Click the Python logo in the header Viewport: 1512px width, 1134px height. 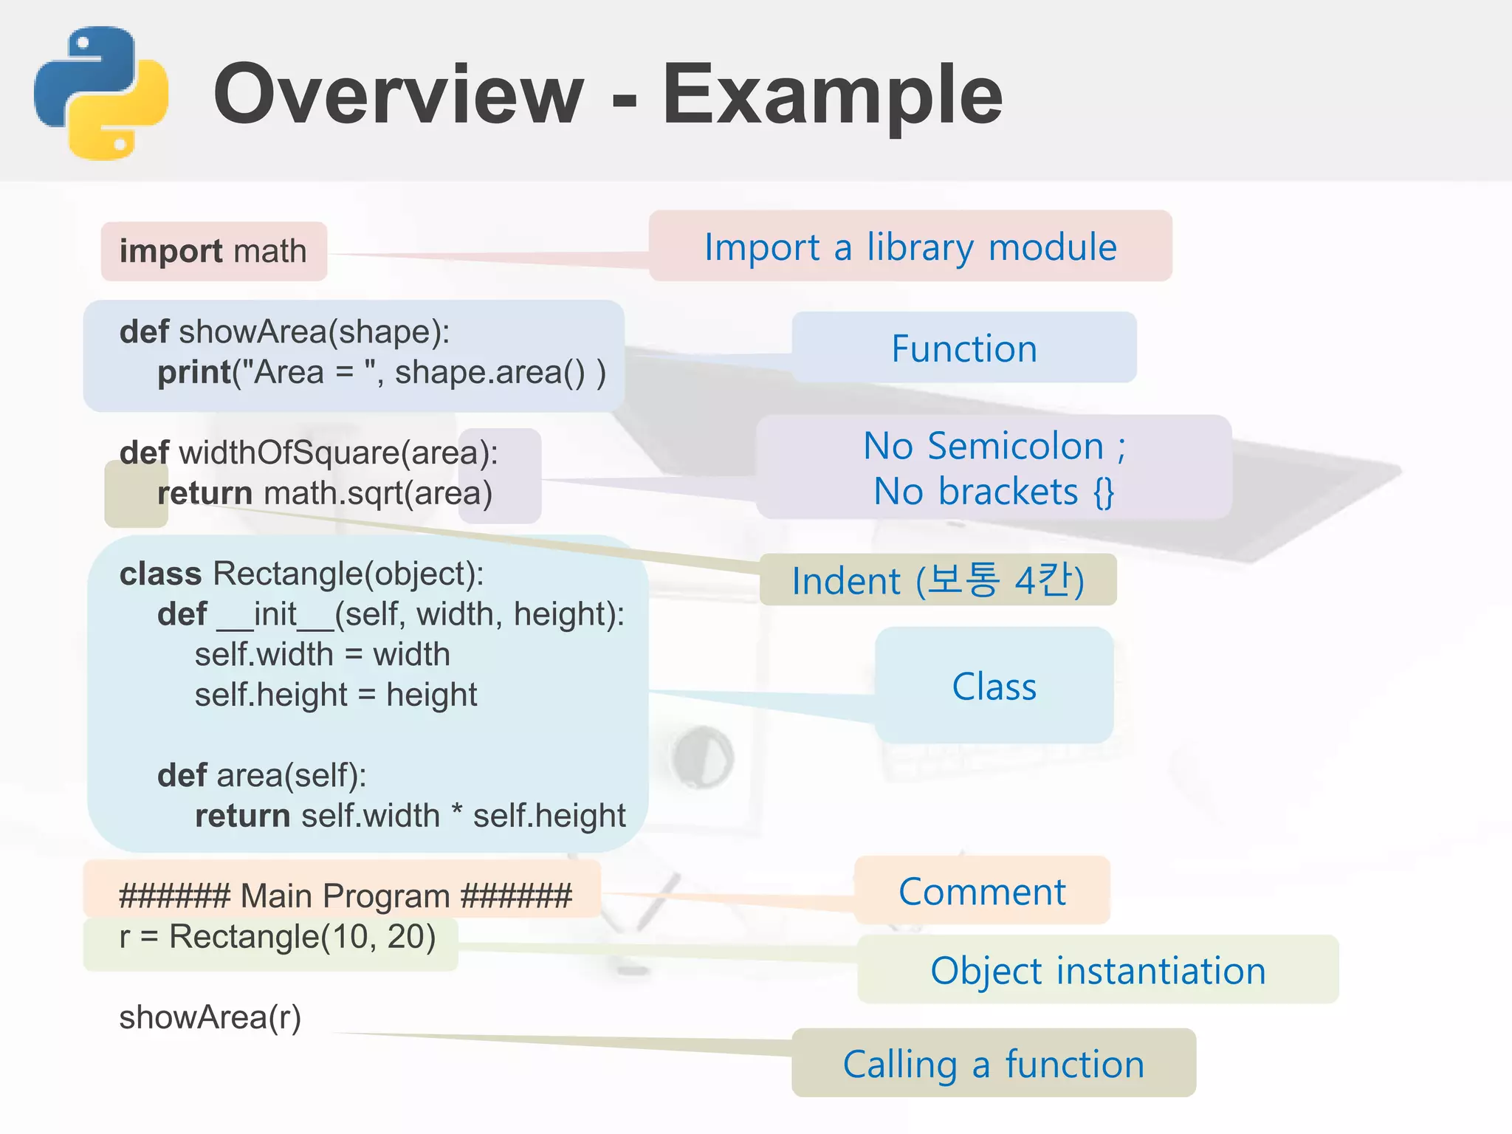pyautogui.click(x=101, y=94)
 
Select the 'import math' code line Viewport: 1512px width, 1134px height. pyautogui.click(x=213, y=251)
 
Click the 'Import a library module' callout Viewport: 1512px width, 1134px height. pyautogui.click(x=910, y=247)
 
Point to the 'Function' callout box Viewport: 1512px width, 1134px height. pyautogui.click(x=963, y=348)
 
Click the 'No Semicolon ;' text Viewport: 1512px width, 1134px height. pyautogui.click(x=994, y=446)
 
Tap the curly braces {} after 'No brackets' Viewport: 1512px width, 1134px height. pyautogui.click(x=1104, y=492)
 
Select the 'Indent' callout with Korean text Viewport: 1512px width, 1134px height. pyautogui.click(x=938, y=580)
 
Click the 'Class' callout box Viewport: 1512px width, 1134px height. pyautogui.click(x=994, y=686)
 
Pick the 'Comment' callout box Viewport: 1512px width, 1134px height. pyautogui.click(x=982, y=891)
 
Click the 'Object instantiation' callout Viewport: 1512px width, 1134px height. pyautogui.click(x=1098, y=970)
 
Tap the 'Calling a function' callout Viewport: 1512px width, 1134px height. pyautogui.click(x=993, y=1064)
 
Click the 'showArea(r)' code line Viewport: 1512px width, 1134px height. pyautogui.click(x=210, y=1017)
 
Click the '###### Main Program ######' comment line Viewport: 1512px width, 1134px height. pyautogui.click(x=345, y=896)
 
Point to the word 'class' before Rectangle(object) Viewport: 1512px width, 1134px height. pyautogui.click(x=160, y=574)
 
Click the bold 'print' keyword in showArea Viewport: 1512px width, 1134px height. pyautogui.click(x=194, y=372)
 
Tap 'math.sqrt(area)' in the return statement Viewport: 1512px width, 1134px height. pyautogui.click(x=378, y=493)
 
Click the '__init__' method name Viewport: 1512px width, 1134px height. pyautogui.click(x=275, y=614)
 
